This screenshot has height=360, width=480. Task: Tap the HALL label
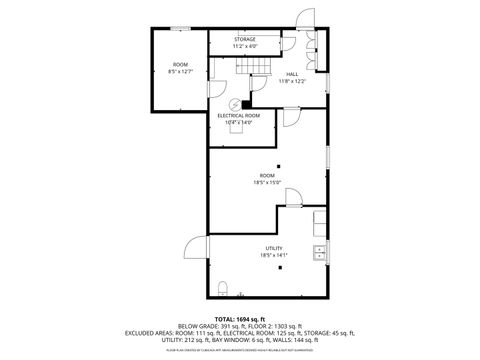292,73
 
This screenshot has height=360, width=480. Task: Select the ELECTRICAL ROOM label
239,115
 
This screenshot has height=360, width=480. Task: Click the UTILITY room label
273,248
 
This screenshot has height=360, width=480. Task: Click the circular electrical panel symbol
237,104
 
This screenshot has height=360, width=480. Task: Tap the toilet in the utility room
226,290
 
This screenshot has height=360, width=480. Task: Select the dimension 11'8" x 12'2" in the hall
292,80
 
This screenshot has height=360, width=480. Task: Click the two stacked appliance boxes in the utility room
319,219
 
